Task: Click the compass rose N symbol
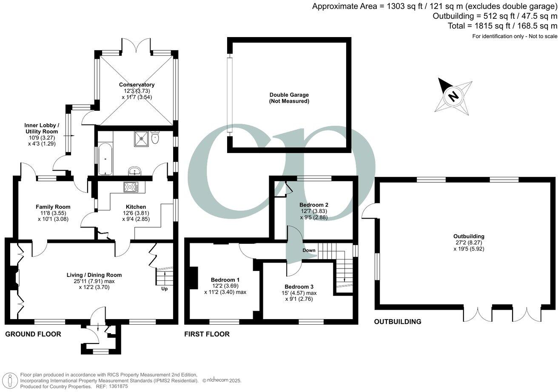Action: tap(454, 96)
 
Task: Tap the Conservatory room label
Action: tap(137, 85)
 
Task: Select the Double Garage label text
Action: tap(289, 95)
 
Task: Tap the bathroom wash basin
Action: tap(135, 172)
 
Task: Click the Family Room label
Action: tap(53, 207)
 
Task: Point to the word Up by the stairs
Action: tap(164, 289)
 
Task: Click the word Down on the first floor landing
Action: tap(309, 250)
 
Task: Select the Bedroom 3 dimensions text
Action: tap(302, 296)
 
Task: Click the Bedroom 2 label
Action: tap(313, 205)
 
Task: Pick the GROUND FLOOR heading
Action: tap(33, 334)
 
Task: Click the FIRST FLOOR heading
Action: tap(207, 334)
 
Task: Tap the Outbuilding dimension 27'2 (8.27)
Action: tap(469, 242)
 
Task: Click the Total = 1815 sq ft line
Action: tap(502, 26)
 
